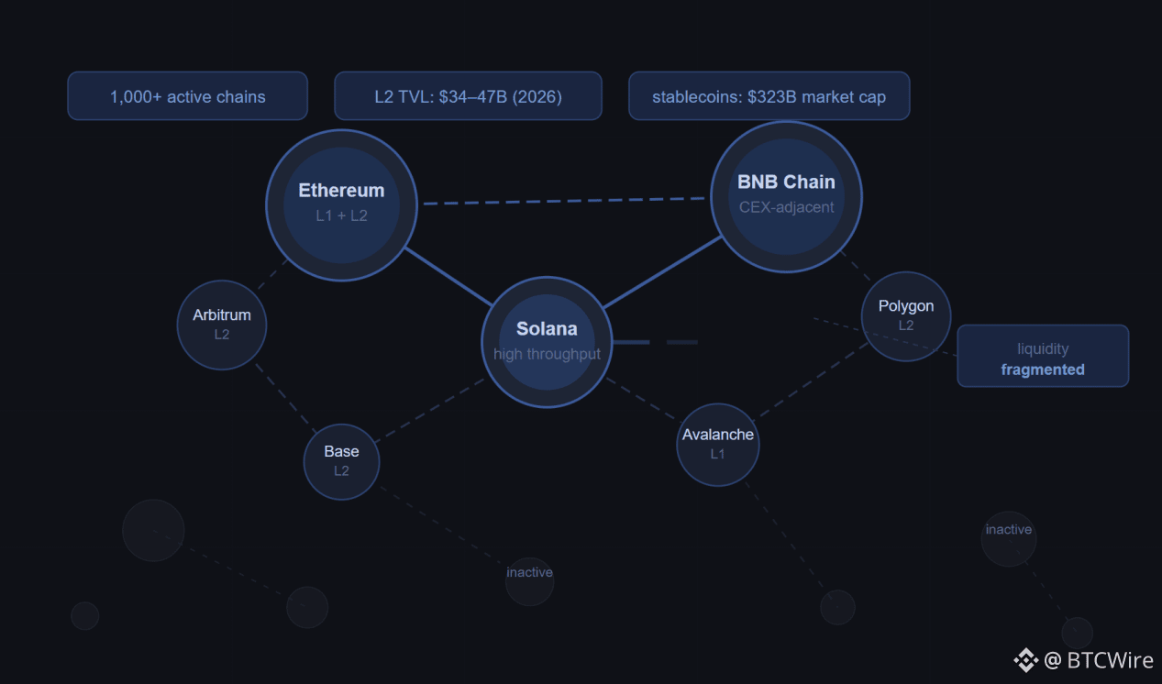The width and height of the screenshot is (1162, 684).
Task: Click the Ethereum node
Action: tap(341, 205)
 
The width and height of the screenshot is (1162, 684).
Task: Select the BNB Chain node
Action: tap(786, 196)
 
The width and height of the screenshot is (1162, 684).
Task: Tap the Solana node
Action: tap(547, 342)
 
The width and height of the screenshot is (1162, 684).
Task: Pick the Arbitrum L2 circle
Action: tap(222, 325)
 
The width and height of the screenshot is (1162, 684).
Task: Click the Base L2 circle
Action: tap(341, 462)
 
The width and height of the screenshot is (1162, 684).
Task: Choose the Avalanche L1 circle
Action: tap(718, 445)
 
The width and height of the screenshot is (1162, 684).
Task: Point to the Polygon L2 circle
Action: tap(906, 316)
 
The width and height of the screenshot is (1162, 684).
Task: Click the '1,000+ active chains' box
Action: tap(187, 96)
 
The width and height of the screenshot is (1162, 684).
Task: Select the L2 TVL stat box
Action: tap(468, 96)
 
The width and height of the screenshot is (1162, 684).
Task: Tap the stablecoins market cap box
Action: tap(769, 96)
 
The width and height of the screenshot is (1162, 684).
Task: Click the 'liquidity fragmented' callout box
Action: tap(1043, 356)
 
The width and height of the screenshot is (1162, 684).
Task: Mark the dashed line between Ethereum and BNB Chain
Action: tap(564, 201)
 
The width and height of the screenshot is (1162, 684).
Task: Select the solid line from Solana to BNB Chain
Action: tap(662, 272)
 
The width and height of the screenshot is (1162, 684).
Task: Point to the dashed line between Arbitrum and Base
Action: tap(285, 398)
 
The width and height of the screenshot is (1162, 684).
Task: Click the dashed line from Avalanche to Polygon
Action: tap(811, 380)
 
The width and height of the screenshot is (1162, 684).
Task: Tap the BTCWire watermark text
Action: tap(1098, 660)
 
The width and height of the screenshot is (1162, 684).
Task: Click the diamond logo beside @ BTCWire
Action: tap(1025, 660)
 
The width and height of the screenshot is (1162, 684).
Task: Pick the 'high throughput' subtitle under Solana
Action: tap(547, 354)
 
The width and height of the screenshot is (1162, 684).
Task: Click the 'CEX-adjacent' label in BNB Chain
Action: tap(786, 207)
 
